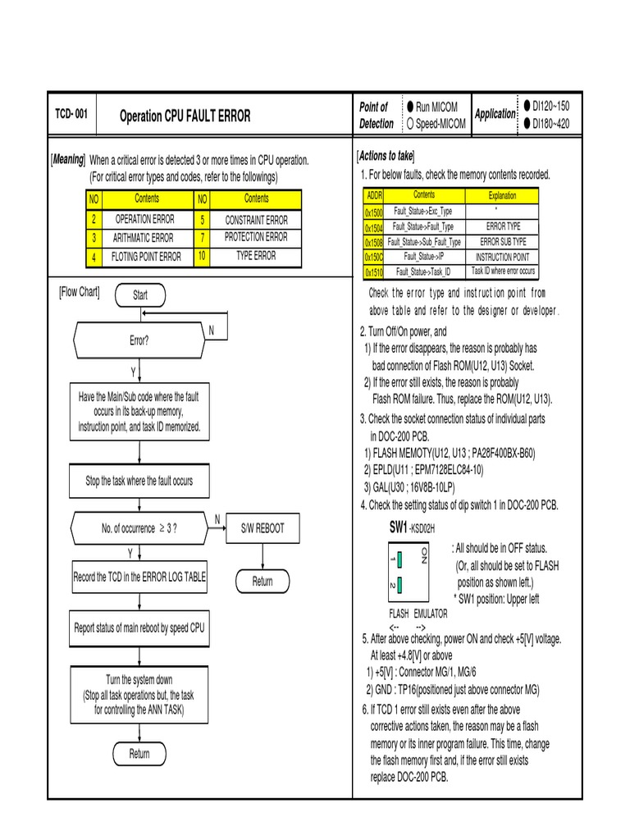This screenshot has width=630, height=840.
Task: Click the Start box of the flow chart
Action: [140, 295]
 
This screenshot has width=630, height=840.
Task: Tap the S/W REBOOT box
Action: [262, 528]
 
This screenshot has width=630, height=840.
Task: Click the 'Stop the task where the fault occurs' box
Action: [139, 481]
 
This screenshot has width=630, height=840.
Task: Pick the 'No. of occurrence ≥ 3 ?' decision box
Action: [139, 528]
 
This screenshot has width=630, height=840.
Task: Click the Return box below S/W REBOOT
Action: [262, 582]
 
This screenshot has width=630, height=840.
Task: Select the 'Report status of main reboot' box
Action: [139, 628]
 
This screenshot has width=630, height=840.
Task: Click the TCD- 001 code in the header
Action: [71, 115]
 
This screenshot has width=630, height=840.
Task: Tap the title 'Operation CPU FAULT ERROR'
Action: [185, 116]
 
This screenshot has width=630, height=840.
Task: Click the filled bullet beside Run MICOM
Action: [410, 107]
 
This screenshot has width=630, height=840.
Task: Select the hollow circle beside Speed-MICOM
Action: [410, 124]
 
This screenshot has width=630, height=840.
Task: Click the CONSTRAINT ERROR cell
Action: [256, 220]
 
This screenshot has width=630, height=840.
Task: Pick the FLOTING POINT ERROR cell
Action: [146, 257]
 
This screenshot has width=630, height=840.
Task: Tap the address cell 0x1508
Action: [374, 243]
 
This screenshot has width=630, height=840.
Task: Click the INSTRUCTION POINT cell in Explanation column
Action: [502, 256]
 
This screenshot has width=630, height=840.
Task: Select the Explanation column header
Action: [502, 196]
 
